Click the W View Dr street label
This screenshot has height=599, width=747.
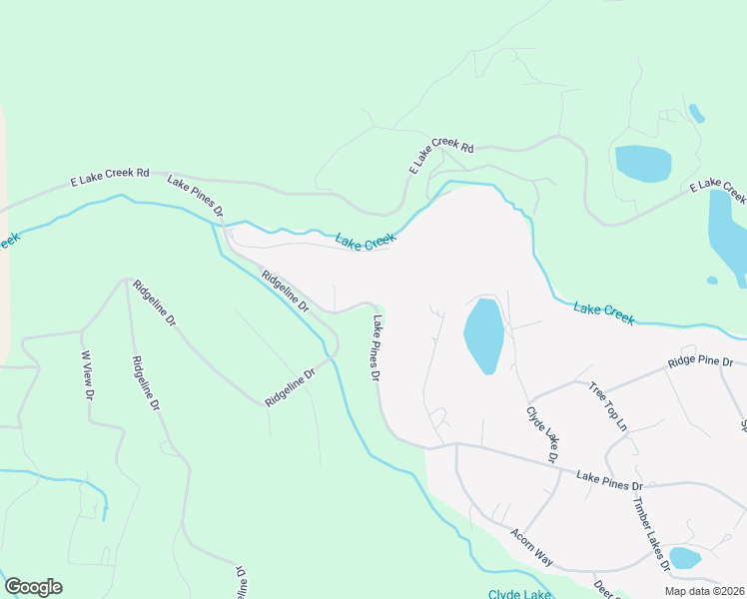pyautogui.click(x=87, y=375)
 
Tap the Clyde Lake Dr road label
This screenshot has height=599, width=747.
pyautogui.click(x=541, y=434)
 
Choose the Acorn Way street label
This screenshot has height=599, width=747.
pyautogui.click(x=530, y=547)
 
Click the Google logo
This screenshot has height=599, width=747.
pyautogui.click(x=33, y=587)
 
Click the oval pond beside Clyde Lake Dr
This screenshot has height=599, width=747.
pyautogui.click(x=483, y=334)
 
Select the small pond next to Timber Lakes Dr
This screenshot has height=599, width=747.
pyautogui.click(x=684, y=557)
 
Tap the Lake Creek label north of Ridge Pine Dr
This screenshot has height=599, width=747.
pyautogui.click(x=604, y=312)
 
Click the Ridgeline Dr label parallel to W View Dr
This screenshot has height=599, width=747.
pyautogui.click(x=145, y=384)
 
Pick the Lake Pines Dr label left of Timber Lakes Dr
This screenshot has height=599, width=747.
pyautogui.click(x=609, y=482)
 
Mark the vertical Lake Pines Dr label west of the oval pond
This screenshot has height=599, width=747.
pyautogui.click(x=376, y=349)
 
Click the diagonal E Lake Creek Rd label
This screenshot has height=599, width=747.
pyautogui.click(x=440, y=155)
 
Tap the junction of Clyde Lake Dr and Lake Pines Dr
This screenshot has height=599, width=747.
pyautogui.click(x=559, y=468)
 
